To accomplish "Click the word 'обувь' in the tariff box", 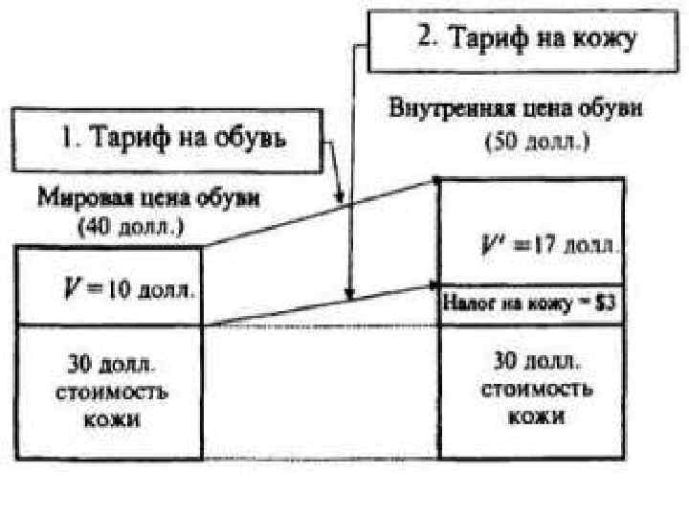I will click(x=268, y=139).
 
